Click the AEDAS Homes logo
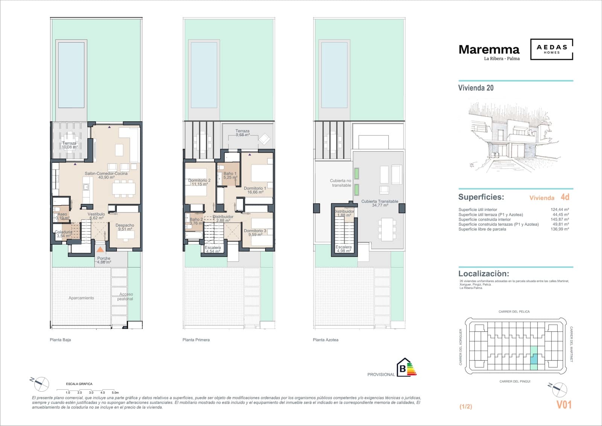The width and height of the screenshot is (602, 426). [x=552, y=49]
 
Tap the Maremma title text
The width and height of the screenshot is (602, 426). [x=489, y=49]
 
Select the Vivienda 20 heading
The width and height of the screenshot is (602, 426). [x=476, y=88]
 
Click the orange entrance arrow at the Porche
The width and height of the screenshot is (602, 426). [x=100, y=249]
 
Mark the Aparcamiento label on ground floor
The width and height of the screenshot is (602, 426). [x=81, y=298]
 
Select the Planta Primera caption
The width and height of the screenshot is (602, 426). [x=196, y=340]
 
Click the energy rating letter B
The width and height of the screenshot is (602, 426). [x=403, y=369]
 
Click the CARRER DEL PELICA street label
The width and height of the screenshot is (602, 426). [x=514, y=311]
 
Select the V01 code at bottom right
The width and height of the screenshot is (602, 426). [x=564, y=405]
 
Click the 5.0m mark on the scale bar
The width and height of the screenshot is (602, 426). [x=115, y=392]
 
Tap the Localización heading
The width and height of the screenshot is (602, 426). [x=483, y=274]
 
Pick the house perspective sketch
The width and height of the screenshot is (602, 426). [x=514, y=136]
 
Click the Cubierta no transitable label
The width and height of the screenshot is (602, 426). [x=341, y=183]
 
